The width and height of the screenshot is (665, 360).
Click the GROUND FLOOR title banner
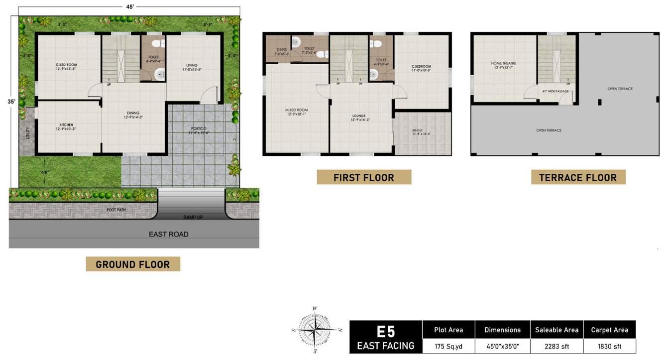tap(133, 264)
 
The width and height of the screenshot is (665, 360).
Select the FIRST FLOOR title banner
tap(364, 177)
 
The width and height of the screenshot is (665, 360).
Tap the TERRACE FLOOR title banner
tap(578, 177)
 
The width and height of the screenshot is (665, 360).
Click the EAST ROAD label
tap(169, 234)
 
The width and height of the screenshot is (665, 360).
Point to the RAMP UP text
tap(192, 218)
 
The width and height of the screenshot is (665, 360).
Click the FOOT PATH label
tap(116, 210)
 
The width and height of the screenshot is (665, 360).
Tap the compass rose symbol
tap(315, 330)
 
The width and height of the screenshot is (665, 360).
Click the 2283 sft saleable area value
tap(556, 345)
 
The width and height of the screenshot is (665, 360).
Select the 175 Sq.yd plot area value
tap(448, 345)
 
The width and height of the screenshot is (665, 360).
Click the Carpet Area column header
tap(609, 330)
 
